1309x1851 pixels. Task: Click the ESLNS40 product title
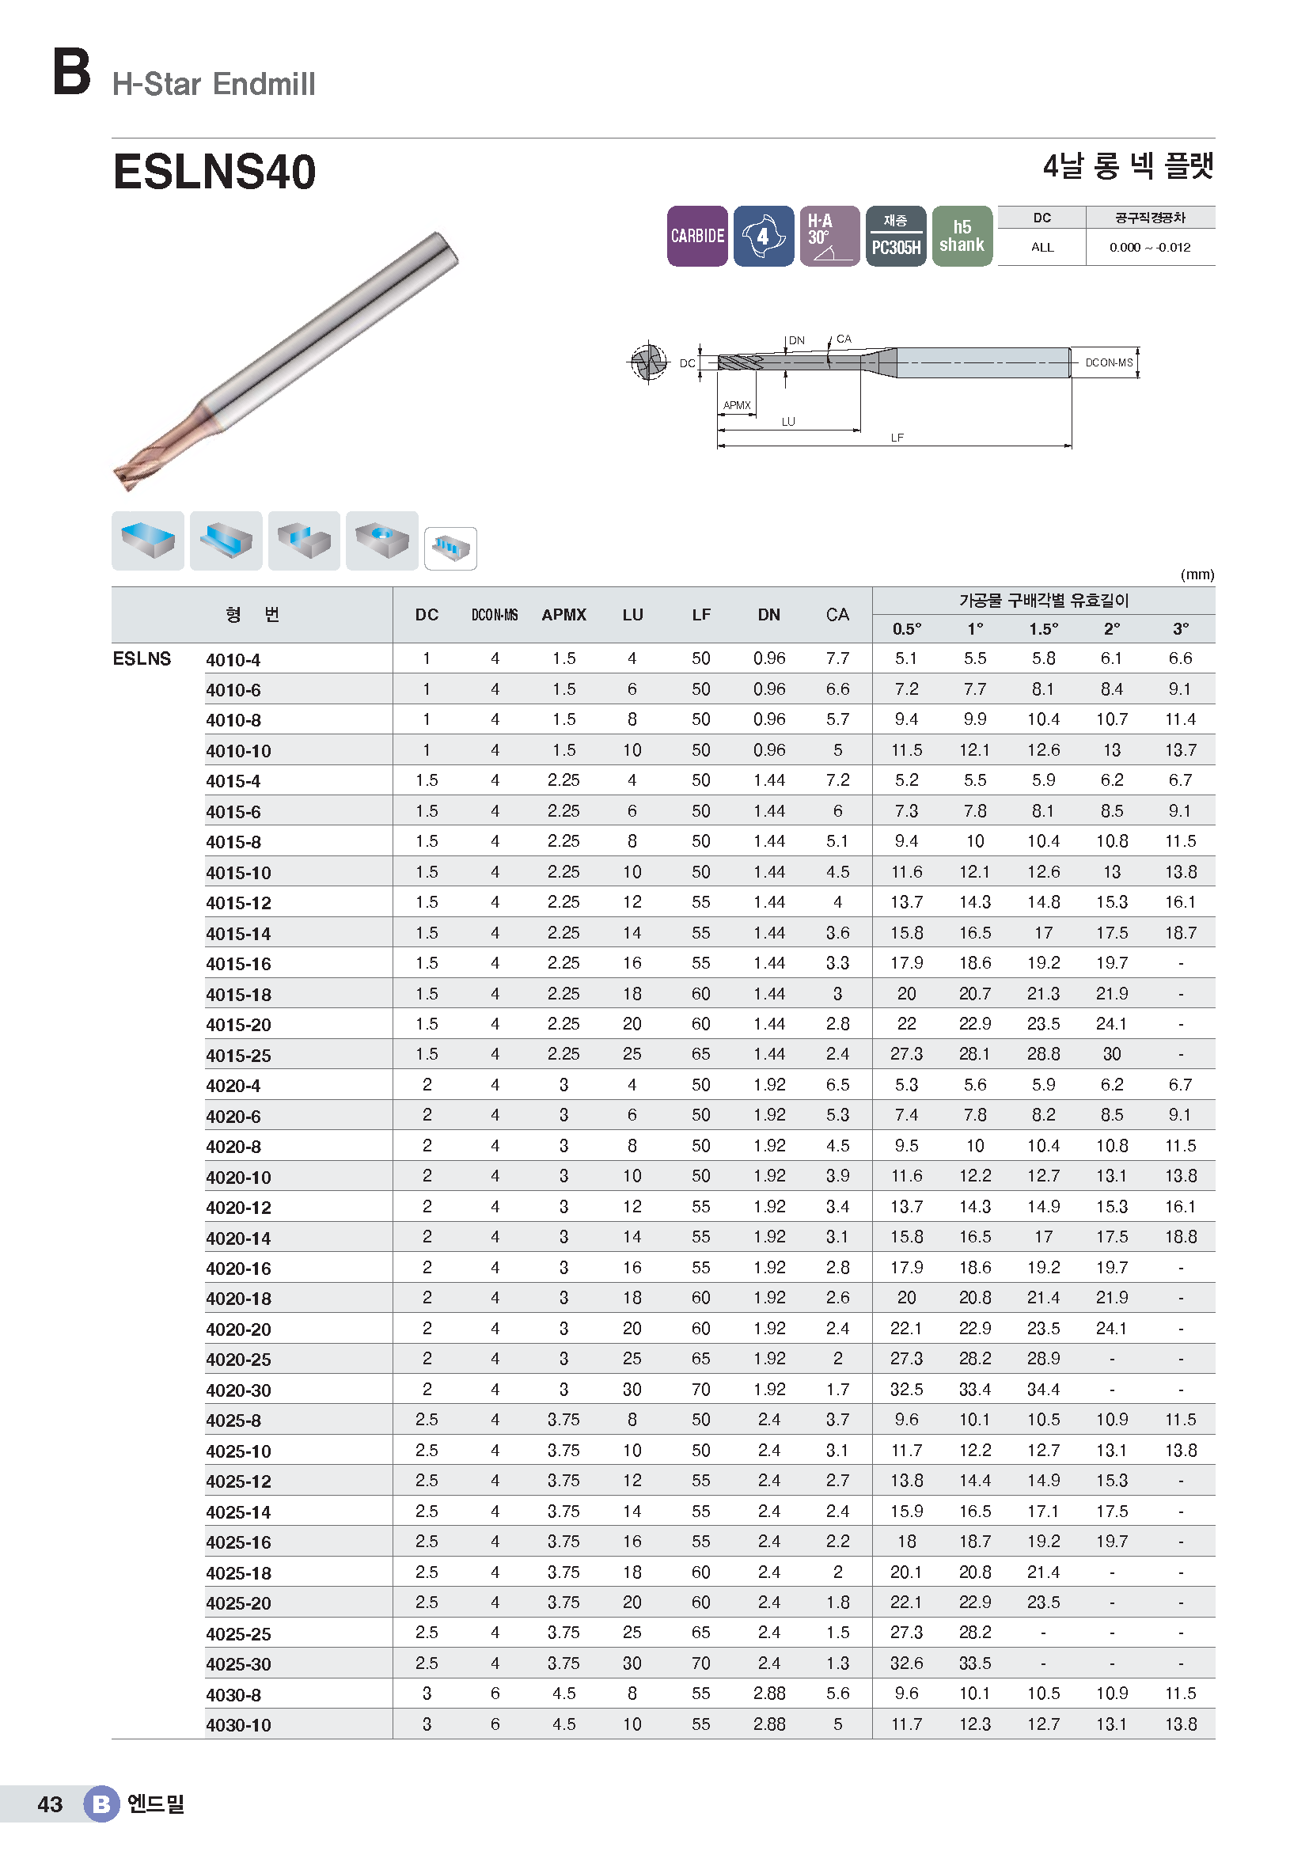point(214,173)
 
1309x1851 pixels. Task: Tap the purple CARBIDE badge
point(697,236)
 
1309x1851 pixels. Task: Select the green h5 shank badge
point(962,236)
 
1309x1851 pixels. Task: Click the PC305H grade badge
point(896,236)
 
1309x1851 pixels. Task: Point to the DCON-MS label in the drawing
point(1108,362)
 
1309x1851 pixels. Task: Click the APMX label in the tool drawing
point(737,405)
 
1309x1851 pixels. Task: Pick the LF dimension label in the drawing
point(897,438)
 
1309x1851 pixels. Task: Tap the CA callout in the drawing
point(844,339)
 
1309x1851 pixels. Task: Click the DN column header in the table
point(769,614)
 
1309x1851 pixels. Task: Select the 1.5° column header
point(1043,629)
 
